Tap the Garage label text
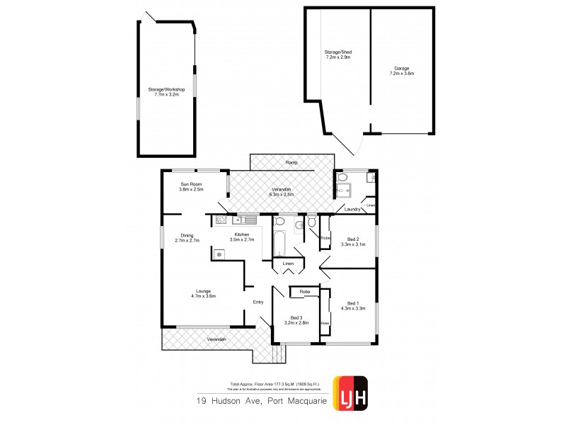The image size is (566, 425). click(404, 69)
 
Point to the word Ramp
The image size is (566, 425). click(291, 163)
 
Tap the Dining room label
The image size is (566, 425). click(187, 236)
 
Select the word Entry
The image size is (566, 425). click(259, 302)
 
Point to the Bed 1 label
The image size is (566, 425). click(352, 303)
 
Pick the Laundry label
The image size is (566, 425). click(352, 209)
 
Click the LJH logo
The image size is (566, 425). click(350, 389)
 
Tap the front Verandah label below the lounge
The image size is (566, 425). click(216, 340)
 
